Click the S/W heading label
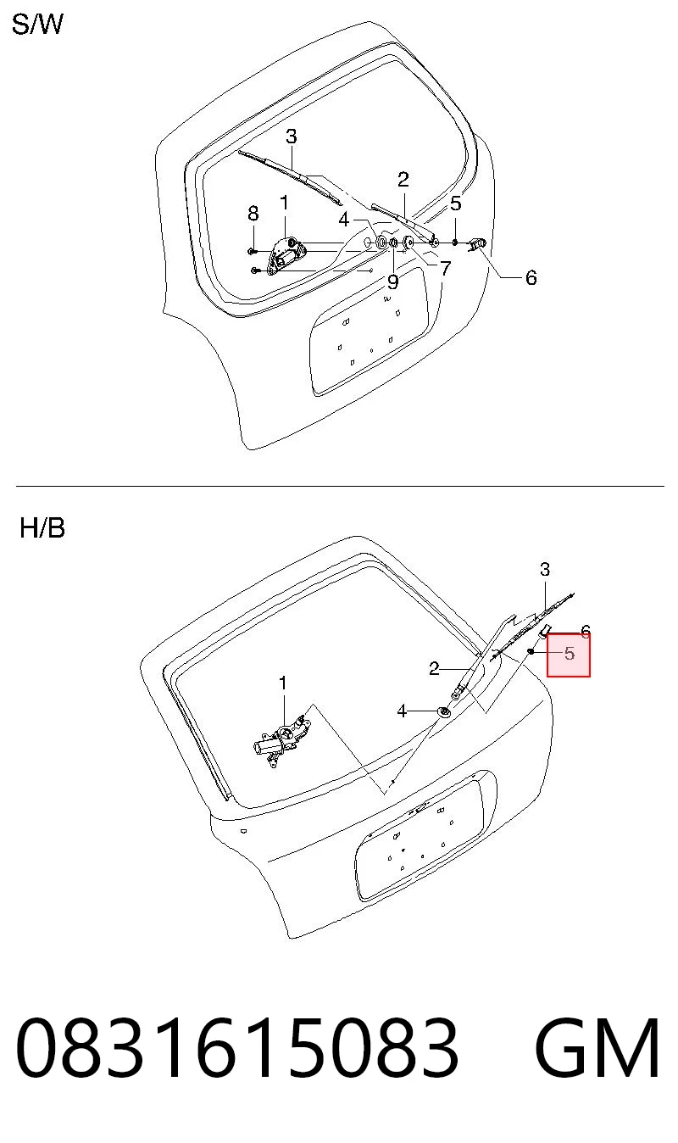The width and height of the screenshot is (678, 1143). pyautogui.click(x=37, y=25)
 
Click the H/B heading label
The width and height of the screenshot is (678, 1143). pyautogui.click(x=42, y=528)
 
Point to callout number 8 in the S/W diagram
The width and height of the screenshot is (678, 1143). pyautogui.click(x=253, y=214)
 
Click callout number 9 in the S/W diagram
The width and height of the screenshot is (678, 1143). pyautogui.click(x=392, y=282)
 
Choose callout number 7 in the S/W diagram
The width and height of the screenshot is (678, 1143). pyautogui.click(x=446, y=268)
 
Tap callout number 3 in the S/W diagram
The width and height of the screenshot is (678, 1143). pyautogui.click(x=292, y=137)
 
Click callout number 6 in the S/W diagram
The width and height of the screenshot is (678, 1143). pyautogui.click(x=531, y=277)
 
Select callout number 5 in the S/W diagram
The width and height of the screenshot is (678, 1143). pyautogui.click(x=456, y=204)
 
